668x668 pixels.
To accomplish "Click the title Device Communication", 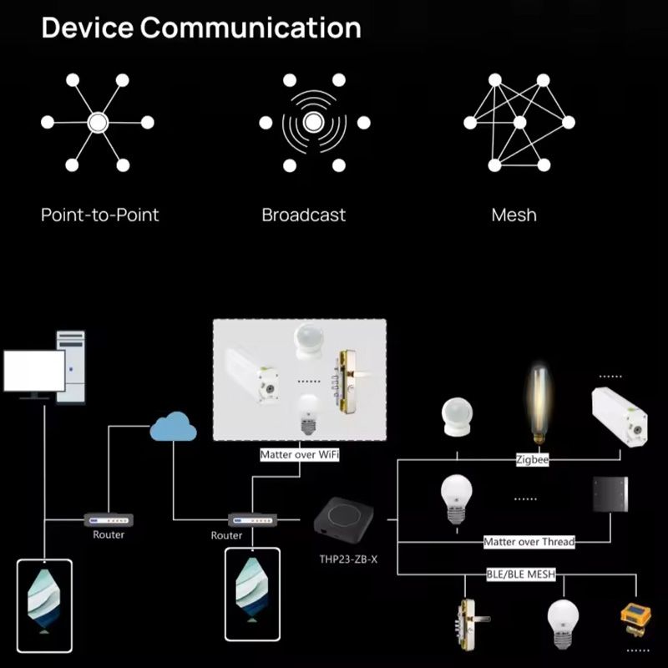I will pyautogui.click(x=201, y=28).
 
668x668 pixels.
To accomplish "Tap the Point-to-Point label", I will pyautogui.click(x=99, y=215).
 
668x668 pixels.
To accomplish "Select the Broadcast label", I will pyautogui.click(x=303, y=215).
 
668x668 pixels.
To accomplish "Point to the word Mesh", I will pyautogui.click(x=514, y=215).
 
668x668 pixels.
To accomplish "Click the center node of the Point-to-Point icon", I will pyautogui.click(x=98, y=123).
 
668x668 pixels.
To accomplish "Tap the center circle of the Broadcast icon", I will pyautogui.click(x=314, y=123).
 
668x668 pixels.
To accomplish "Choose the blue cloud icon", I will pyautogui.click(x=173, y=429).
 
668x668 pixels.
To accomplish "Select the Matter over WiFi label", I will pyautogui.click(x=299, y=455).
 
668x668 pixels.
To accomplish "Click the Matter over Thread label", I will pyautogui.click(x=529, y=542).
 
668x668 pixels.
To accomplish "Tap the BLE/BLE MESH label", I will pyautogui.click(x=520, y=574).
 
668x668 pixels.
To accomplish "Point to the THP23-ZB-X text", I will pyautogui.click(x=348, y=559).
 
